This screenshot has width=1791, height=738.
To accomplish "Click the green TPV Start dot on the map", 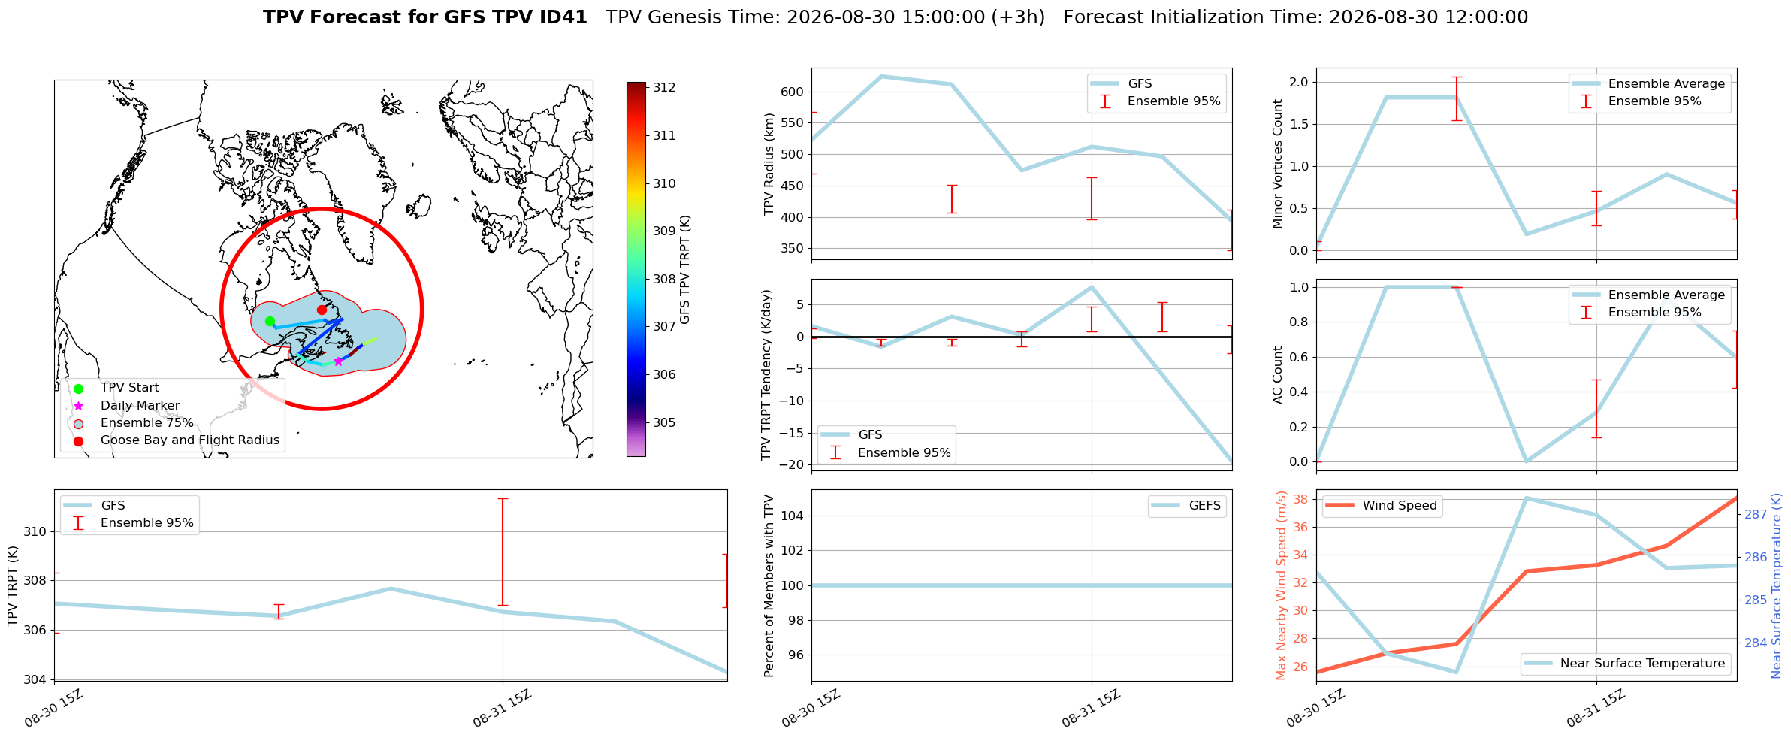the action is [270, 322].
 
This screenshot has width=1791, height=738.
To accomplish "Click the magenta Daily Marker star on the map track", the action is [338, 361].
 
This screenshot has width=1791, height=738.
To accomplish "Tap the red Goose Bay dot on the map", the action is [322, 310].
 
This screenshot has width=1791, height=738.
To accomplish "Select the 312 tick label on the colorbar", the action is [664, 88].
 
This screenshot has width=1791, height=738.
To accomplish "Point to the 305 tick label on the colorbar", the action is [664, 423].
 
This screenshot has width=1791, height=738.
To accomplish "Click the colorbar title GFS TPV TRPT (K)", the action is [685, 270].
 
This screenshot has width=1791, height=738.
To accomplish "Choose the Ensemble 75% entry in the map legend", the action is [146, 423].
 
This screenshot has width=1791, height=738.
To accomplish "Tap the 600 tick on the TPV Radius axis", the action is [793, 92].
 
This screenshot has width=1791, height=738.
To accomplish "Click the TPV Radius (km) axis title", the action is [769, 164].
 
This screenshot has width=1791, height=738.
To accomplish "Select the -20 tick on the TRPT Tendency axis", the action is [793, 464].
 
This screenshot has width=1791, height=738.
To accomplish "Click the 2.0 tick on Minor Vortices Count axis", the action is [1299, 82].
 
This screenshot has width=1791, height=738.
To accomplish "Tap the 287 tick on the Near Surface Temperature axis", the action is [1756, 515].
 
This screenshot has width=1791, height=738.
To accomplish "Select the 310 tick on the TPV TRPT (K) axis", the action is [35, 532].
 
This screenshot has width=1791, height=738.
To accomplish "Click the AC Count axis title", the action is [1277, 375].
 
